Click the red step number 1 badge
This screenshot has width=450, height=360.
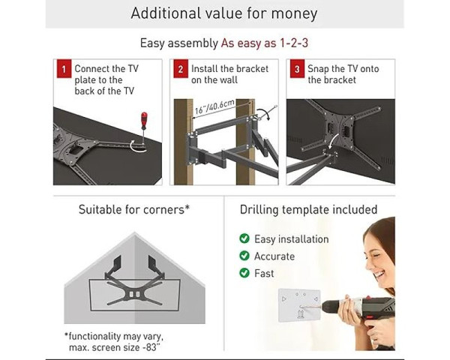coord(64,70)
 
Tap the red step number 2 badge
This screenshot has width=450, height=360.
coord(180,70)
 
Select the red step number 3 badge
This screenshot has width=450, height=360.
coord(297,70)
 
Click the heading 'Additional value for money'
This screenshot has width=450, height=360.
coord(224,13)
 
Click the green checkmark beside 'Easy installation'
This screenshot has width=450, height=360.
coord(244,239)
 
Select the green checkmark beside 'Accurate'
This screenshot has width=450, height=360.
coord(244,256)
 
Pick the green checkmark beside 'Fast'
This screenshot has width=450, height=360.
coord(244,274)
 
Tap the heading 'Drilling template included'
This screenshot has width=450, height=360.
coord(308,210)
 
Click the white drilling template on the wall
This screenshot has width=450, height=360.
coord(298,306)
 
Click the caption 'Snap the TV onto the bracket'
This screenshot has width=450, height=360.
coord(343,74)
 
